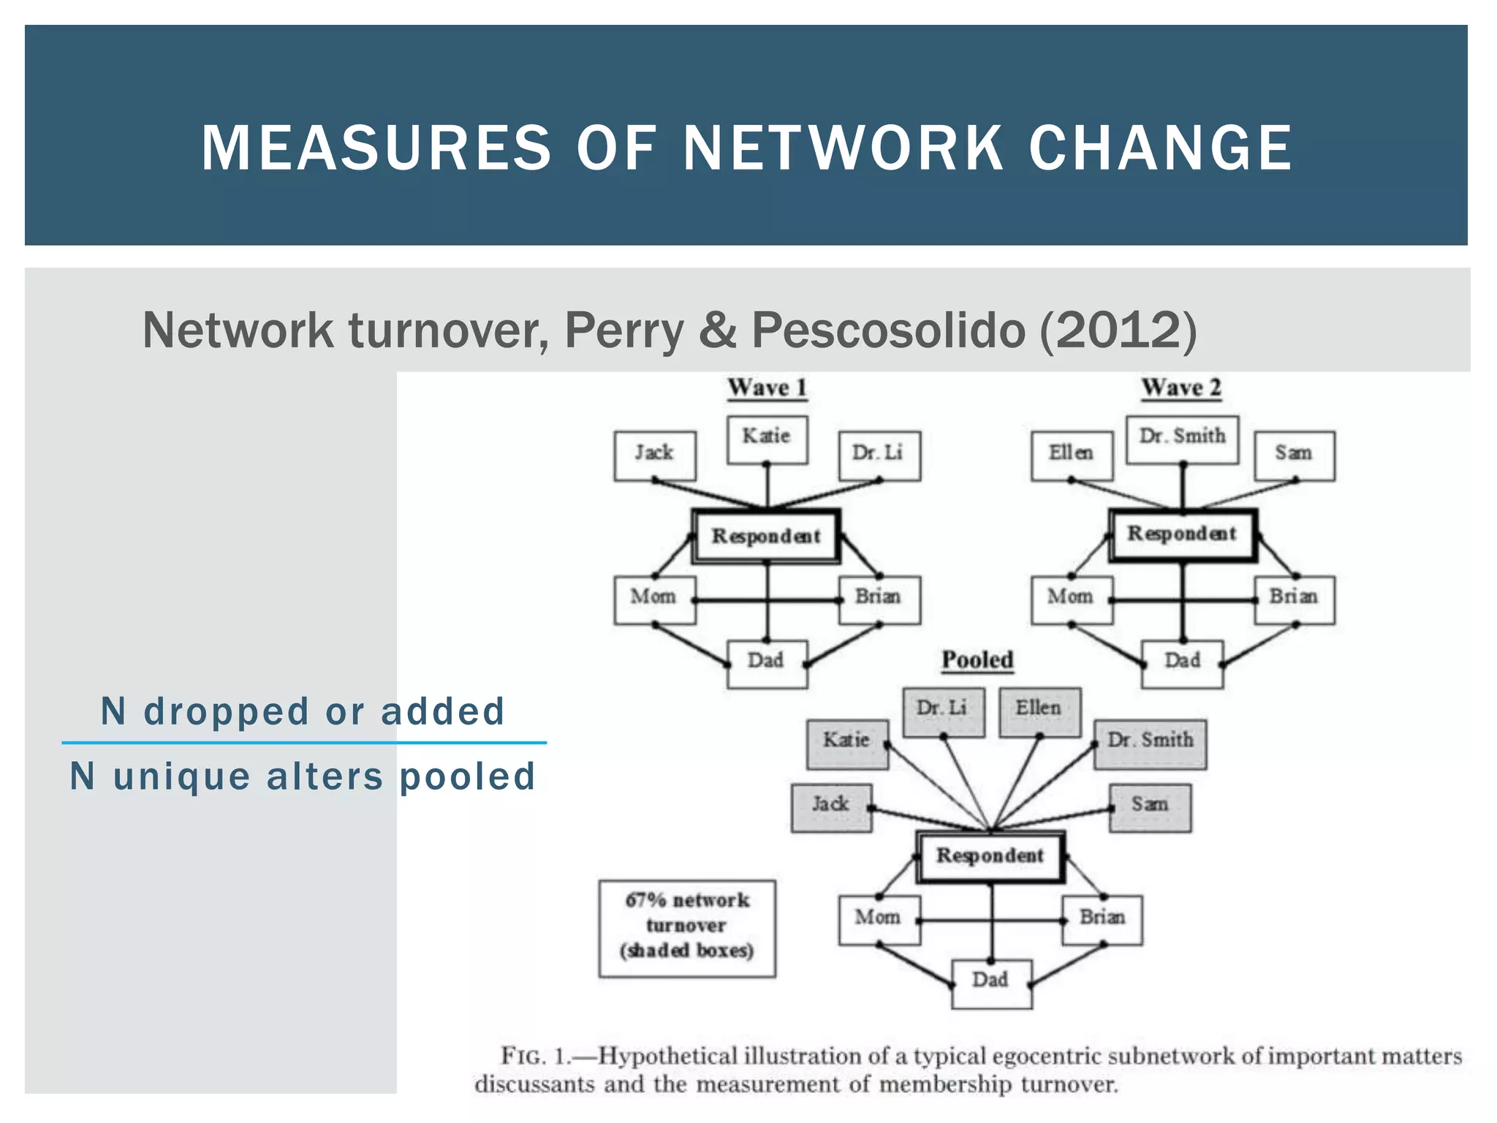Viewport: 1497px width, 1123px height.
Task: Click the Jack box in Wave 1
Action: (654, 455)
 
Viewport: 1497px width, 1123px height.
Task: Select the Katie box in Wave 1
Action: (767, 439)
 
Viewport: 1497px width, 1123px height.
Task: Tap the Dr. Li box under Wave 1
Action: (879, 455)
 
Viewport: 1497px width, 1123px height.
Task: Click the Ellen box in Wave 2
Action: (1072, 455)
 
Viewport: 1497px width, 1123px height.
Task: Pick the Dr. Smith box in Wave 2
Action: (1182, 439)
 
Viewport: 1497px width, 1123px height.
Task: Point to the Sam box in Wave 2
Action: (1295, 455)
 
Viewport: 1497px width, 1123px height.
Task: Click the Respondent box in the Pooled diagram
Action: (990, 856)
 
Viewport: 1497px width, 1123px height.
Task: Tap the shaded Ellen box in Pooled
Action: (1039, 711)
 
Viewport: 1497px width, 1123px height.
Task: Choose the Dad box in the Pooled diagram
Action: (991, 983)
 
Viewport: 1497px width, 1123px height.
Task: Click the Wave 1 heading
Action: (767, 387)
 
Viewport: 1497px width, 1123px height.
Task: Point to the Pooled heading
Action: (977, 660)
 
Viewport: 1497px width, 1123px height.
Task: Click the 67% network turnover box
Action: (686, 927)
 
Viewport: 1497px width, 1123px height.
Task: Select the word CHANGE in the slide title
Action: (1160, 148)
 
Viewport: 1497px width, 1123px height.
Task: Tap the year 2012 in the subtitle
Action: (1118, 331)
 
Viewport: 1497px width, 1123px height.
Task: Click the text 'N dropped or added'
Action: (303, 711)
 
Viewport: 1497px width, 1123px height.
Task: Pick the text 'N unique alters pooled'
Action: (303, 776)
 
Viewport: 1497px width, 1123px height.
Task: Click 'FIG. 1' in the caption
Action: (534, 1057)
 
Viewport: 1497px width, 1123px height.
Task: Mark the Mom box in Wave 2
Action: (1072, 599)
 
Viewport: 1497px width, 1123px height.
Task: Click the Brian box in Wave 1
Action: (879, 599)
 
